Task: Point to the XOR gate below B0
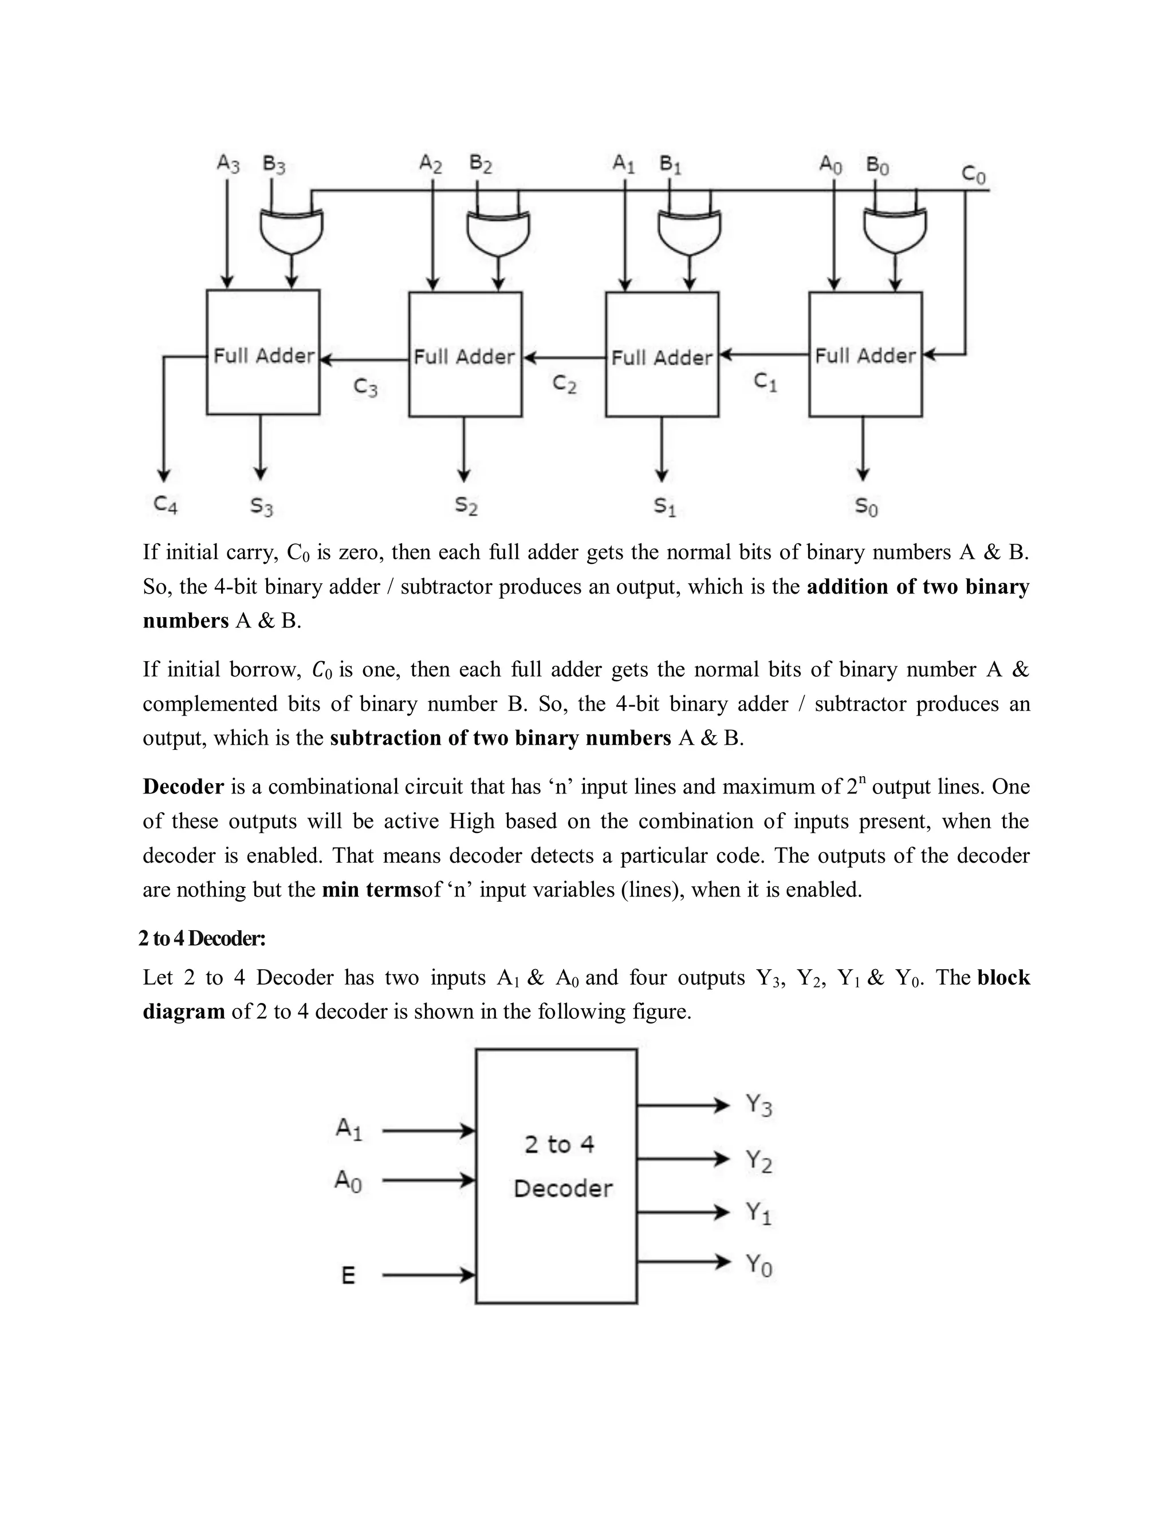coord(895,231)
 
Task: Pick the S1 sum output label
coord(664,507)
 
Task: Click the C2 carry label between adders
coord(564,384)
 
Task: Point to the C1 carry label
coord(765,381)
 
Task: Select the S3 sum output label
coord(262,507)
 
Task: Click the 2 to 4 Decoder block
coord(556,1176)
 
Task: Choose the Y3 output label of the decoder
coord(758,1104)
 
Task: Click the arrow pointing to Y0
coord(684,1261)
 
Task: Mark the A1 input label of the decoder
coord(349,1129)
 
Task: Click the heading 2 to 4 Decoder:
coord(202,938)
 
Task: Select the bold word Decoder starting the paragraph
coord(183,787)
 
